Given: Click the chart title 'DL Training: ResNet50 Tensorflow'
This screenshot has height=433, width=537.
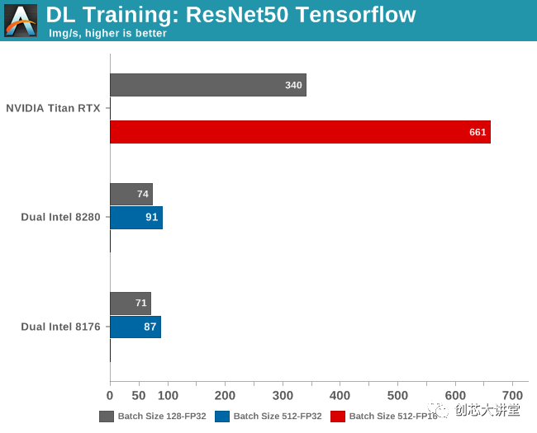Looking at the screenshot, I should tap(230, 14).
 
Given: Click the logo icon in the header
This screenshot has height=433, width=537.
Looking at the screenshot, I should tap(21, 21).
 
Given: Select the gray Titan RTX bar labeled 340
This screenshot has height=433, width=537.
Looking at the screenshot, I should tap(207, 85).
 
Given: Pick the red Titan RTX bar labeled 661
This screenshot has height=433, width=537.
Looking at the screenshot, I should tap(300, 132).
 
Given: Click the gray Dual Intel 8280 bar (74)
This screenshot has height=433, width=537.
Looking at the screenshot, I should tap(131, 194).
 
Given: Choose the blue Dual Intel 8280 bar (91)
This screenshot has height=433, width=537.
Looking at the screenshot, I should tap(135, 218).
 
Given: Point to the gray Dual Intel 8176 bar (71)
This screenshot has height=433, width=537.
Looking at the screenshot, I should tap(130, 303).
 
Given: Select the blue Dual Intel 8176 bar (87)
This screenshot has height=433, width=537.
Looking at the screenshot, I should tap(135, 327).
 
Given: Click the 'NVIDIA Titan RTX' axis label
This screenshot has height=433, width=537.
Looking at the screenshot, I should tap(53, 108).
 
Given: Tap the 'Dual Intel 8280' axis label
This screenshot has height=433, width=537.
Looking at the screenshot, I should tap(60, 218).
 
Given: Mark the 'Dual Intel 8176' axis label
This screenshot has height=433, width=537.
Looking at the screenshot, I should tap(60, 327).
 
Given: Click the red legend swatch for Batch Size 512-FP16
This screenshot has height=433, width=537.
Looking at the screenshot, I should tap(337, 417).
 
